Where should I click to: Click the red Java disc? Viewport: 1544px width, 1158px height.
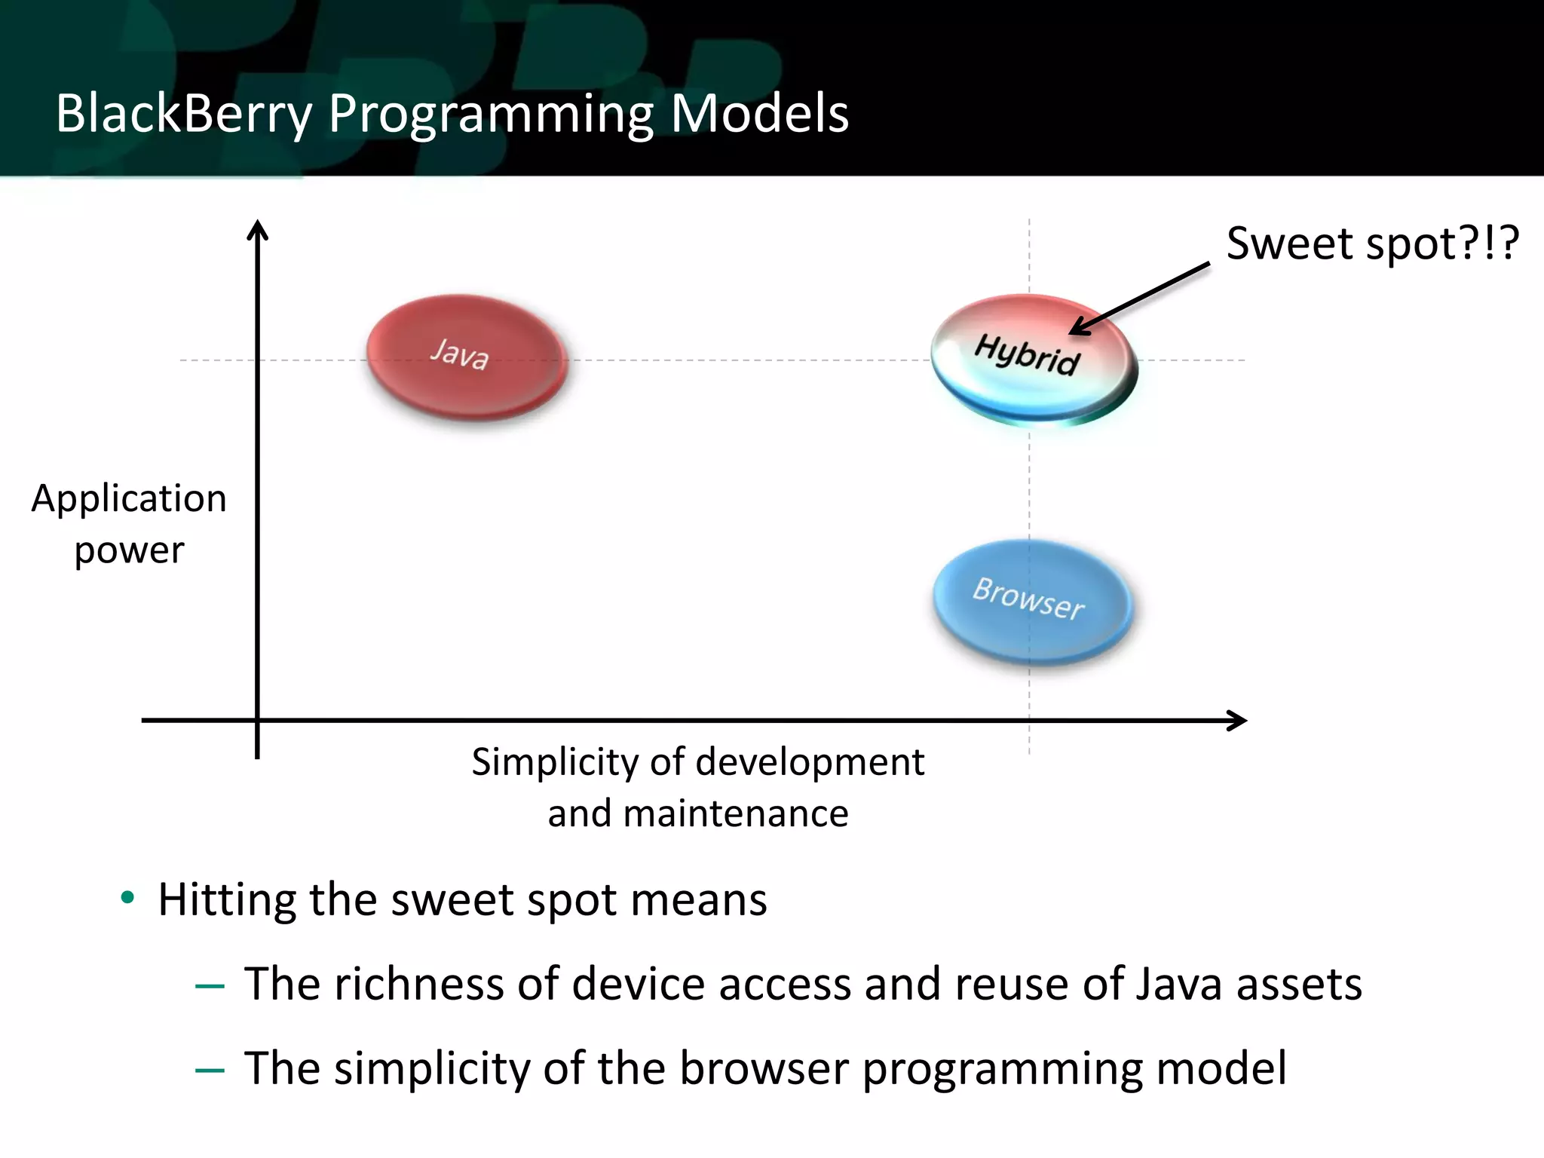pos(467,356)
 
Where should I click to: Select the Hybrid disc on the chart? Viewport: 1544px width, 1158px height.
pos(1032,359)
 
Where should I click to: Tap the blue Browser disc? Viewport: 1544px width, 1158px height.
pos(1032,601)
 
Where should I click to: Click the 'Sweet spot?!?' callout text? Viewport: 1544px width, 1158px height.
pos(1371,244)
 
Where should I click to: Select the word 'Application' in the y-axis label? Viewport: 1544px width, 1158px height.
pos(129,498)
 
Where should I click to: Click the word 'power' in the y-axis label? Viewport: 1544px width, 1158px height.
pos(129,551)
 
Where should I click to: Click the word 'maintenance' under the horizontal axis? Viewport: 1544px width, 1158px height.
pos(736,814)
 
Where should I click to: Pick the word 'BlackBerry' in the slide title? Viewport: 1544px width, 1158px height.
pos(183,114)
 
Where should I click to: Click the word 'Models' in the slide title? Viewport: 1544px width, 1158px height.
pos(760,114)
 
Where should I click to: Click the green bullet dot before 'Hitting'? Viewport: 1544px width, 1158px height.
pos(127,897)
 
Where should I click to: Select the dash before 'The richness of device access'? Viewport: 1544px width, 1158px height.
pos(210,985)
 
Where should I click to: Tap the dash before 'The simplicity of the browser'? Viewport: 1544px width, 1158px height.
pos(210,1070)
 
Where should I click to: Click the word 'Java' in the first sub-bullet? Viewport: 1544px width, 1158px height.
pos(1178,984)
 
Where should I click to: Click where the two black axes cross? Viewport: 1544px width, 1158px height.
pos(258,720)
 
